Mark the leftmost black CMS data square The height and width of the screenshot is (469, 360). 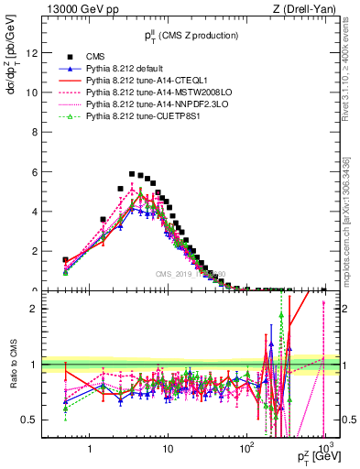pos(65,260)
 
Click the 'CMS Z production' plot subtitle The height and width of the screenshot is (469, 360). pos(191,36)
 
